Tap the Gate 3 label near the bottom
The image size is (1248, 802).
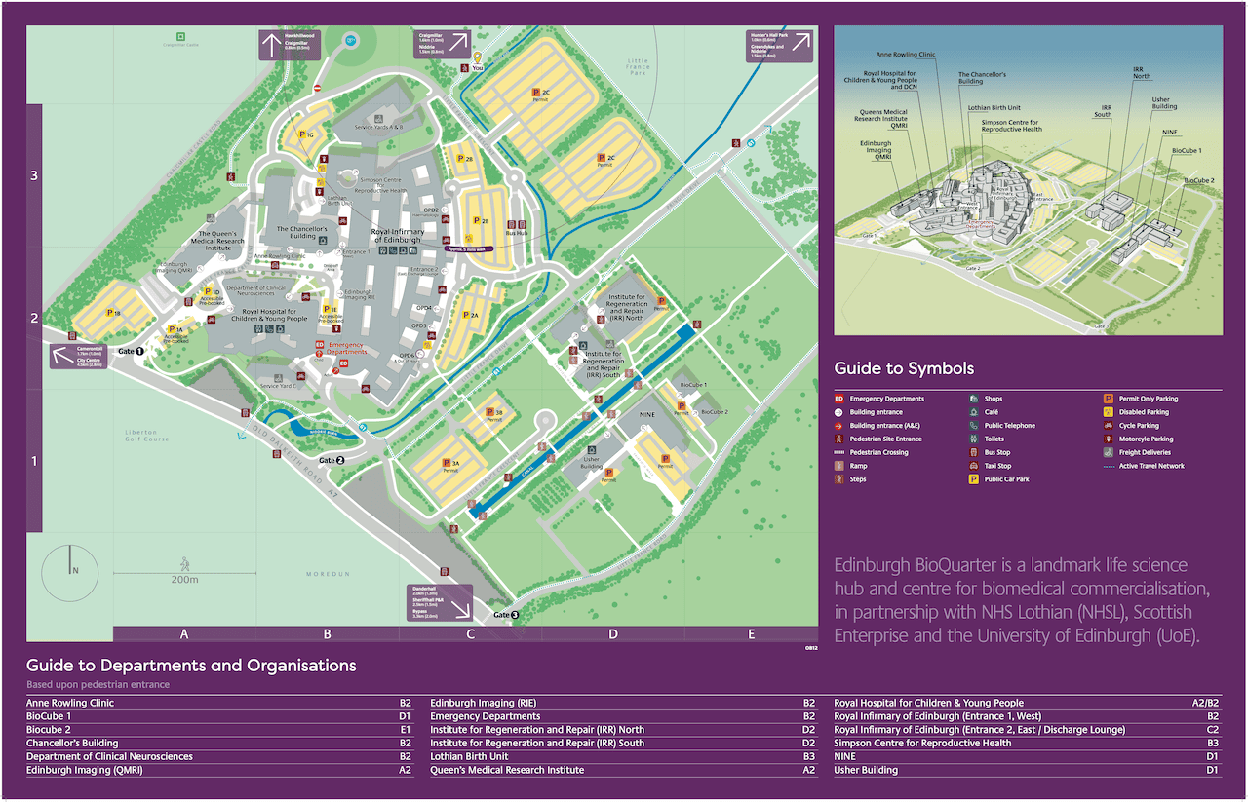tap(507, 615)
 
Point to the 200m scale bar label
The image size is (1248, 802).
tap(183, 580)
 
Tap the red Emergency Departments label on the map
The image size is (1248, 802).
tap(347, 349)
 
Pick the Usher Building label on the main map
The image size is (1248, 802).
tap(591, 462)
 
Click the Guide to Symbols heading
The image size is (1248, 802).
tap(904, 368)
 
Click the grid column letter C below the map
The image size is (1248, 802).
tap(470, 634)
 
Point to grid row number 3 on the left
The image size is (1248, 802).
tap(34, 175)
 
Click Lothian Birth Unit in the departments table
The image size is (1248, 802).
tap(470, 756)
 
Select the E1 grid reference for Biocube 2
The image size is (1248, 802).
tap(809, 730)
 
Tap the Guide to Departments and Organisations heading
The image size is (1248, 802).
tap(191, 667)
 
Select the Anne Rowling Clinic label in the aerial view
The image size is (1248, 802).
tap(906, 56)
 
